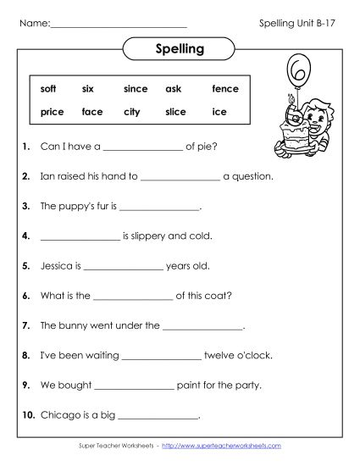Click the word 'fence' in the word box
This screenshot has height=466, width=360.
tap(225, 89)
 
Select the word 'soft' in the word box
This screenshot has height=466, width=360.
tap(49, 89)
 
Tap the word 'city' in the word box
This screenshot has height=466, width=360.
tap(131, 112)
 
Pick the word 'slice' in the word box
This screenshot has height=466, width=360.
tap(175, 112)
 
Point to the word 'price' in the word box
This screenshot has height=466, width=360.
tap(52, 112)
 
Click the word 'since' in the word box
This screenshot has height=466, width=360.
tap(136, 89)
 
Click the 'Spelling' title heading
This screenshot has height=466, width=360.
tap(180, 48)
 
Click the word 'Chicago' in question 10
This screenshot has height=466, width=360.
tap(60, 414)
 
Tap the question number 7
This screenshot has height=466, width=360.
tap(26, 325)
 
